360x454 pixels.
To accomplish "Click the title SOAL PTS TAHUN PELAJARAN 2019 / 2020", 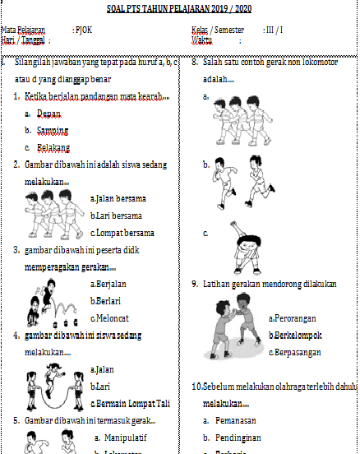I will (180, 9).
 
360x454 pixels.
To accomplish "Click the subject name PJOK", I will (83, 30).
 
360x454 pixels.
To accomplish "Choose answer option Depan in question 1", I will (49, 113).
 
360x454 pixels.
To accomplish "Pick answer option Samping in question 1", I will (53, 131).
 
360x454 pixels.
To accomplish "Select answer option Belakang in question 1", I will (54, 148).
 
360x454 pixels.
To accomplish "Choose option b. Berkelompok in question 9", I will (294, 336).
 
